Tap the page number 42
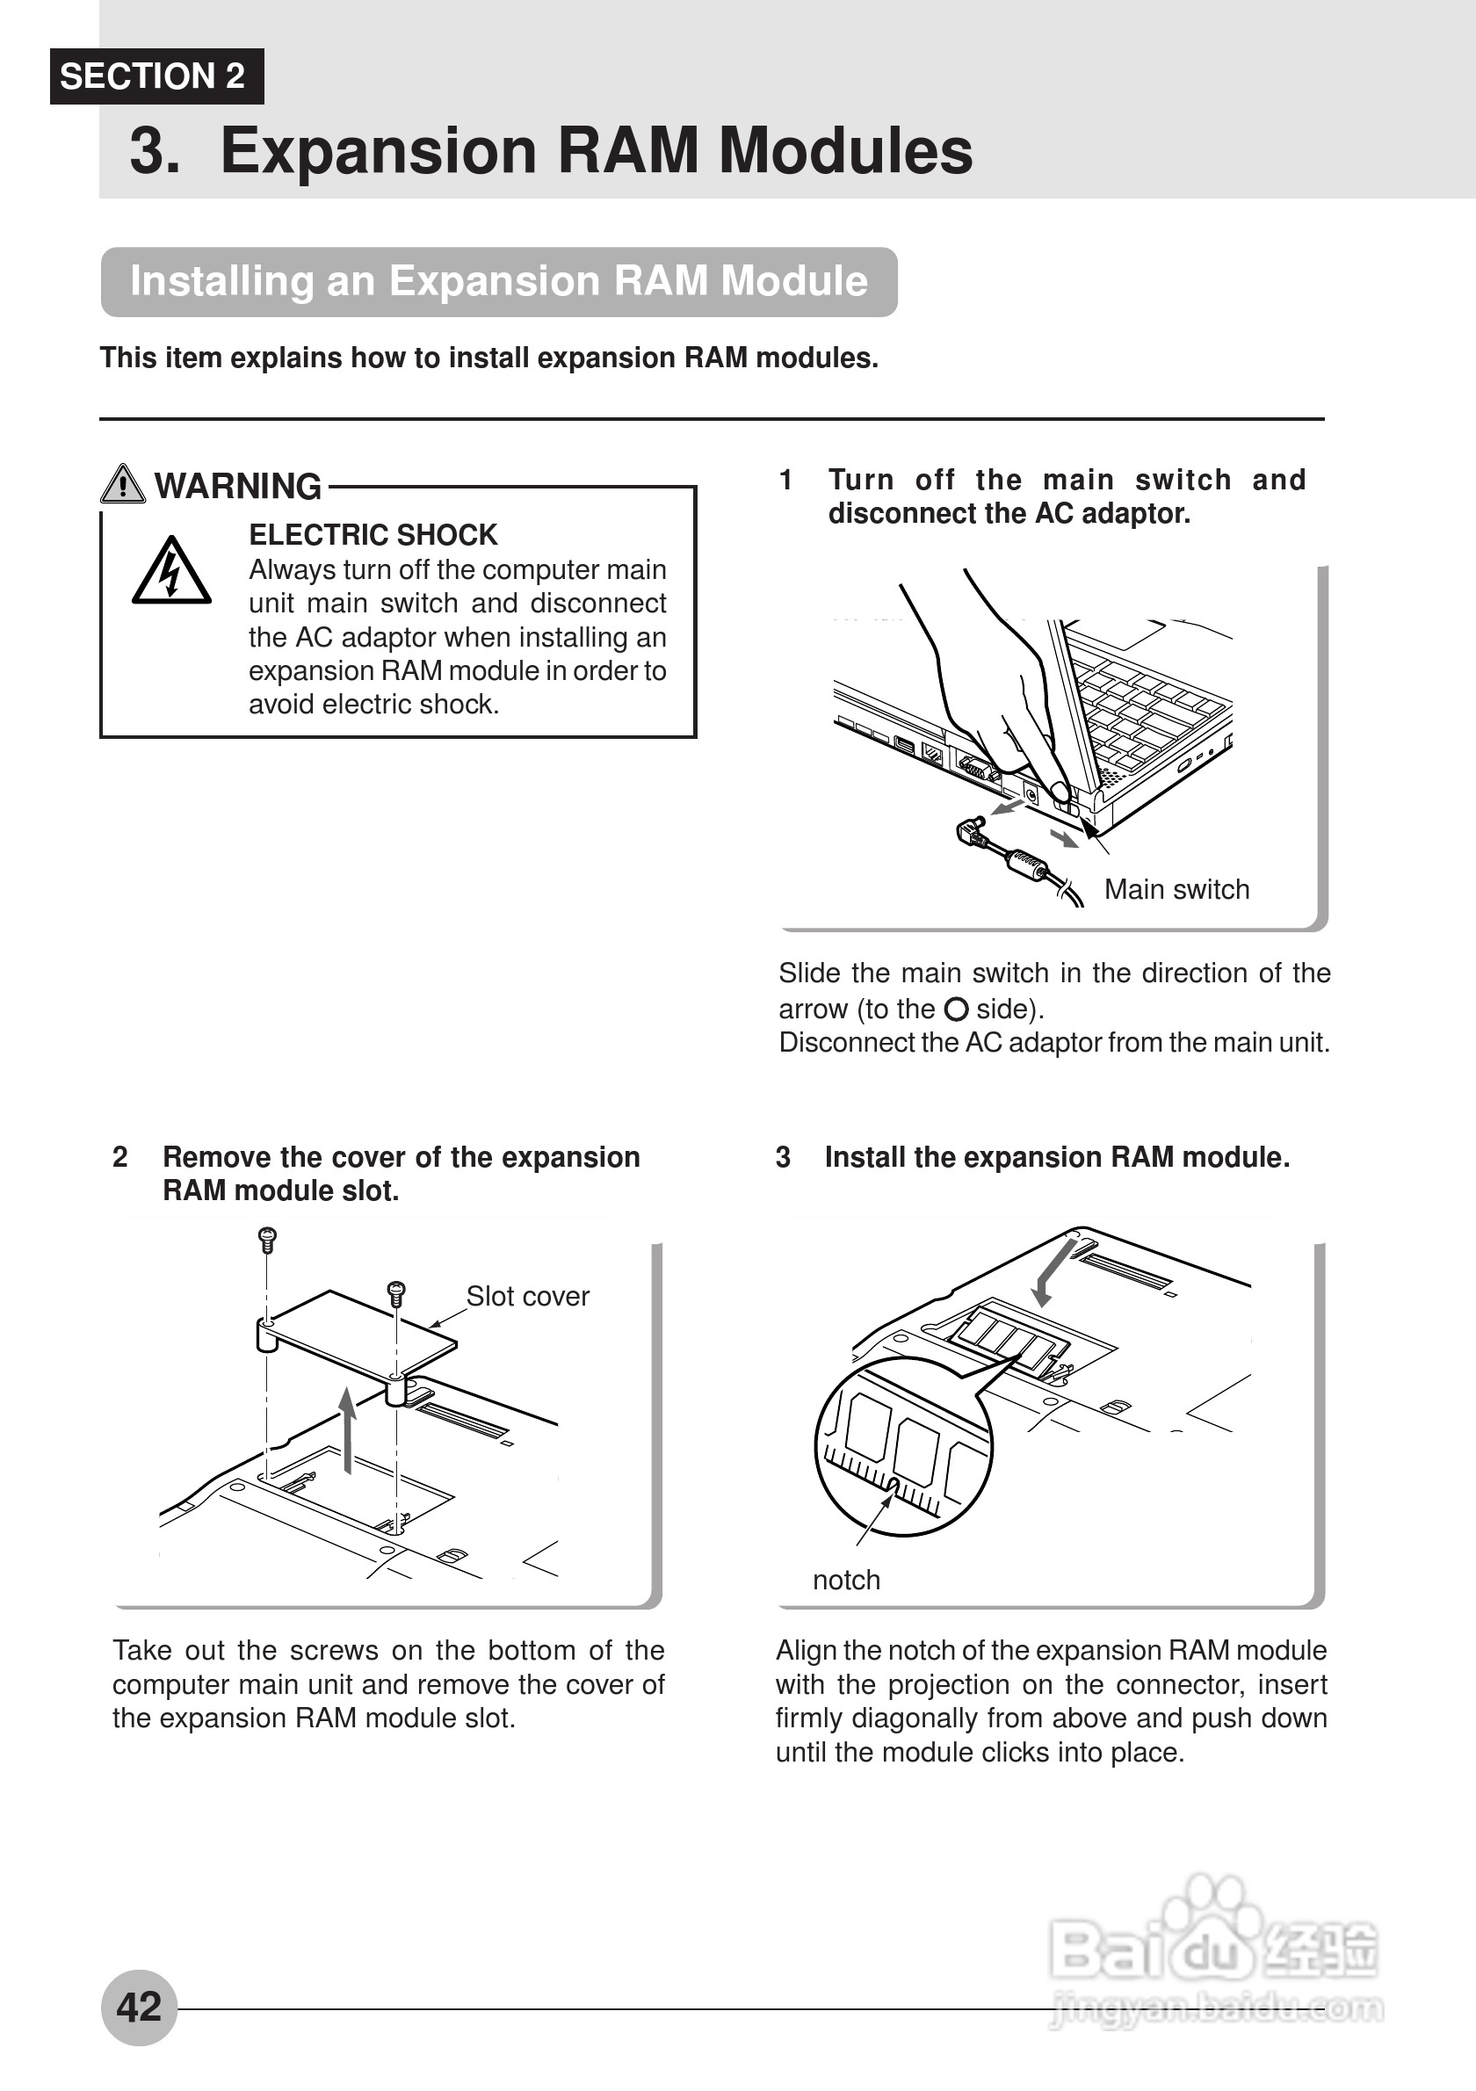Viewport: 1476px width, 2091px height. (x=139, y=2007)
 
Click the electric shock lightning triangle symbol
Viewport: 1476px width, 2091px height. (x=171, y=572)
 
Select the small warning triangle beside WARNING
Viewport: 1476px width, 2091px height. (x=122, y=484)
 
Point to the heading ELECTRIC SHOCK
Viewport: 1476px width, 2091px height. (x=373, y=534)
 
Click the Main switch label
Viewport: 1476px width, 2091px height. (x=1176, y=889)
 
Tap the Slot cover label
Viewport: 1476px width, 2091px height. (x=527, y=1296)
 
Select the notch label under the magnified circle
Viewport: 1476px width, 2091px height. (x=846, y=1579)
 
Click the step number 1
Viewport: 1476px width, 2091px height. (x=785, y=480)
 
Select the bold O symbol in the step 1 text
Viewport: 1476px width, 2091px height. (x=955, y=1009)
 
